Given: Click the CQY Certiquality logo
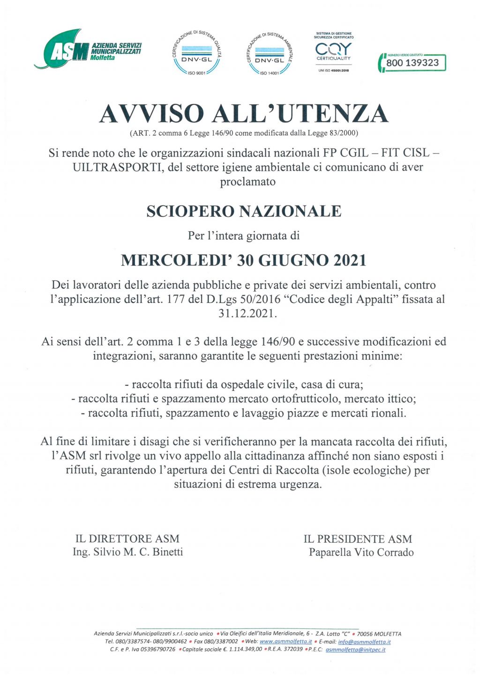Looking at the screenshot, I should (333, 52).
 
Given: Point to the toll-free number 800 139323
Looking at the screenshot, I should (412, 63).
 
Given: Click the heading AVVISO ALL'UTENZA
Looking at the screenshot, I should (244, 114).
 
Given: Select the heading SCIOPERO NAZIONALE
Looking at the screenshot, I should (244, 211).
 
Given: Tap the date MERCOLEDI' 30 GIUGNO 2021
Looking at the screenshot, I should (244, 260).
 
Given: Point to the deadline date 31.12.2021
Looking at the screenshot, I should (247, 314).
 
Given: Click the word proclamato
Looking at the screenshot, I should (247, 182).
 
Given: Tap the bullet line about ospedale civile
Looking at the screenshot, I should (244, 385).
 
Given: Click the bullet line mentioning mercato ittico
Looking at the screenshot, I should (244, 399).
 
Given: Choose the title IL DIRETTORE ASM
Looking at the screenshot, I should (127, 539).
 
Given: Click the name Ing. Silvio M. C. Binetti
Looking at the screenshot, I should (127, 552).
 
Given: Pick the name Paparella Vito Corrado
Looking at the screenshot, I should (361, 553).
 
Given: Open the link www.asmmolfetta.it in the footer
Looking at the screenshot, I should (285, 641).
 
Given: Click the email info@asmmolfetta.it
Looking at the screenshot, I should (364, 641).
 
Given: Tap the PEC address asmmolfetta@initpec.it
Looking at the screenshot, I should (355, 649).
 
